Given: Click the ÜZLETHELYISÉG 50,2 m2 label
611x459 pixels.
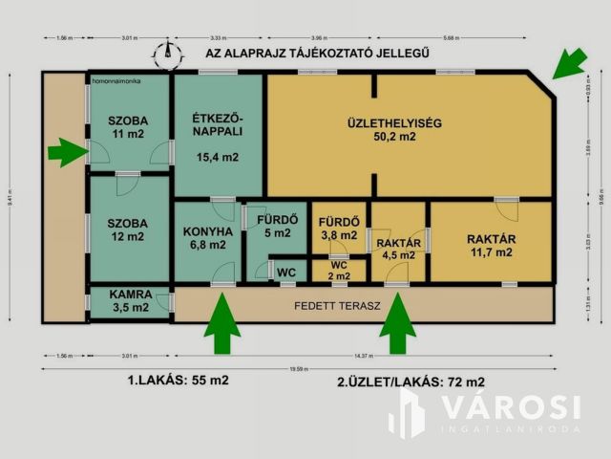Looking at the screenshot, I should coord(392,129).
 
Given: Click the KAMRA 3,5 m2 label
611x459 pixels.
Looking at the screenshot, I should coord(128,301).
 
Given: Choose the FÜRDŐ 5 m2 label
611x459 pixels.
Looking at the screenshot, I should coord(276,226).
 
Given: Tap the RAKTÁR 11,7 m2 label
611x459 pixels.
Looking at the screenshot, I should coord(491,245).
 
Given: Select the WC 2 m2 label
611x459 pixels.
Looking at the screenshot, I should coord(338,270).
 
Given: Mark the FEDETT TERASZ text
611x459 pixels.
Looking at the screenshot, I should coord(337,306).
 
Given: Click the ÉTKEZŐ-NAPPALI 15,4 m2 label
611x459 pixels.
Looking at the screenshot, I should coord(217,137).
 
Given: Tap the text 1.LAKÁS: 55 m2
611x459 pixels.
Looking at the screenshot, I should coord(178,380).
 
